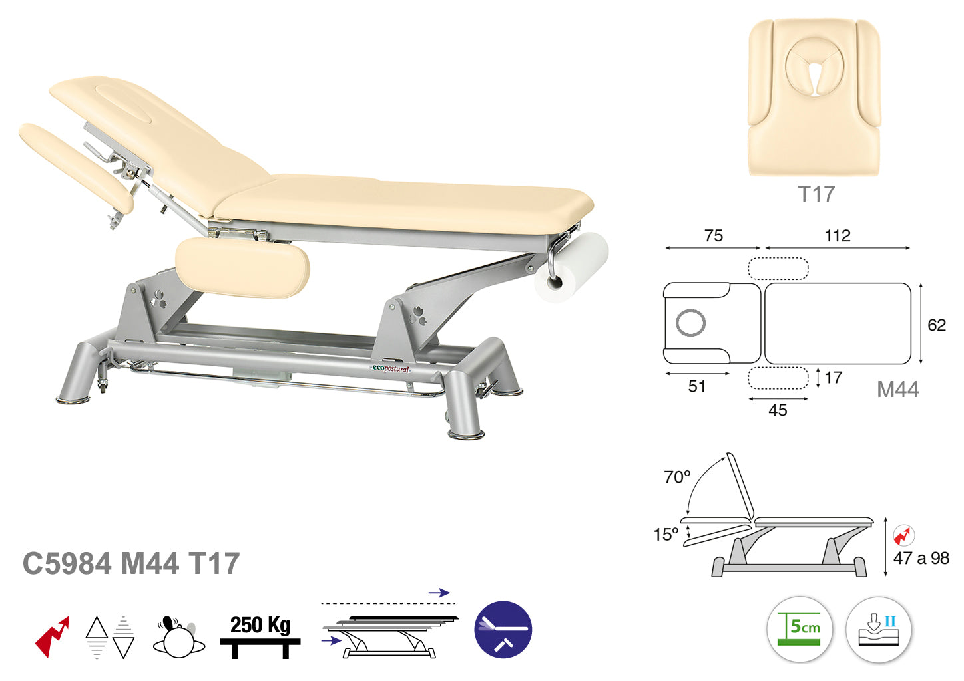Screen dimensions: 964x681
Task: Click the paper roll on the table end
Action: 571,268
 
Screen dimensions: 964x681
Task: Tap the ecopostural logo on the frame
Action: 391,369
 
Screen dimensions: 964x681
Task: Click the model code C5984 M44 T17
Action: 131,563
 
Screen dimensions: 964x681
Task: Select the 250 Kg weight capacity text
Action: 260,625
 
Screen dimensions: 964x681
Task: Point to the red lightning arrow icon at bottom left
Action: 52,636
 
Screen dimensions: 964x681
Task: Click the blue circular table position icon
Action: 503,629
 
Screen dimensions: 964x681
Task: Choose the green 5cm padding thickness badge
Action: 799,629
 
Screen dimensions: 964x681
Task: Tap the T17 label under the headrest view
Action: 816,194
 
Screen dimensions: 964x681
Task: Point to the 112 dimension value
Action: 838,235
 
